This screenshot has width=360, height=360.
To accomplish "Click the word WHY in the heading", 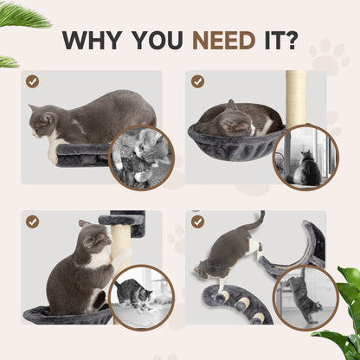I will click(95, 41).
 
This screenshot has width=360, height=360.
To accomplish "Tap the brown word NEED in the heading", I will click(222, 41).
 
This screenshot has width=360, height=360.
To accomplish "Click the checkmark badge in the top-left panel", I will click(32, 81).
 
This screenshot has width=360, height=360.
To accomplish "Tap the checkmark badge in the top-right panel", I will click(198, 81).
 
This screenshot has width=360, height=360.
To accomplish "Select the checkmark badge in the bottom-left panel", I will click(32, 222).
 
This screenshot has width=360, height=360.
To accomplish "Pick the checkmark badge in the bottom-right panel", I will click(198, 222).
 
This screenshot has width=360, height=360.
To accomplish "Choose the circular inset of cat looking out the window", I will click(305, 157).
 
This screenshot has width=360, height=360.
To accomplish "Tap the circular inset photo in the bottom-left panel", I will click(140, 297).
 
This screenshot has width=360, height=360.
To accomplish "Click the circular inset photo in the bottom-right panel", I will click(305, 297).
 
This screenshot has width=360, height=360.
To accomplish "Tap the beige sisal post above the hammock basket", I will click(296, 95).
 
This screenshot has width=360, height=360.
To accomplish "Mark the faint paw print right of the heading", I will click(330, 55).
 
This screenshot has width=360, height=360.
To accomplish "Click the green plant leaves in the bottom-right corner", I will click(344, 312).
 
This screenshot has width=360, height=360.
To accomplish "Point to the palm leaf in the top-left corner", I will click(17, 16).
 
